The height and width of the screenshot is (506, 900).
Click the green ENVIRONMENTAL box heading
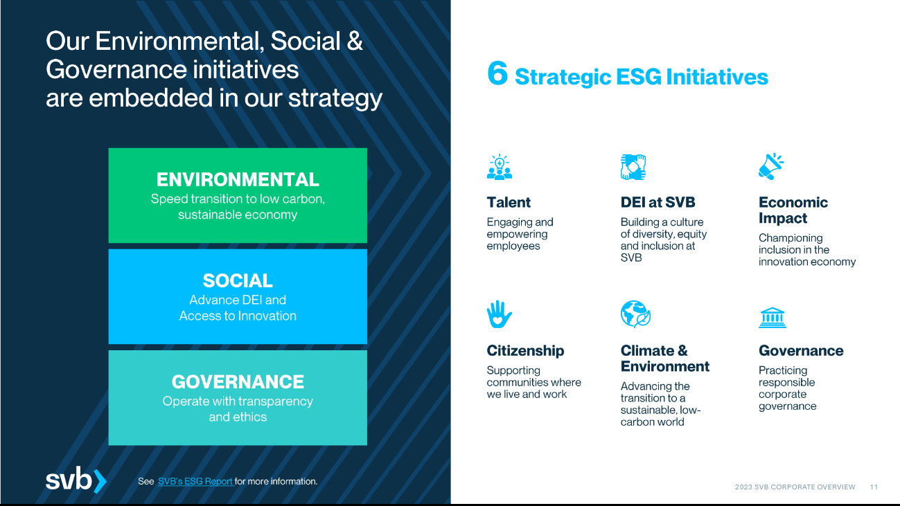pos(238,179)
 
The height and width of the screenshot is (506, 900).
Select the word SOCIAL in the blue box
pos(238,280)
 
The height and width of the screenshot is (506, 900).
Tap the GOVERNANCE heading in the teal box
pos(238,381)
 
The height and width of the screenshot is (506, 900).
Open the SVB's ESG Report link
pos(195,481)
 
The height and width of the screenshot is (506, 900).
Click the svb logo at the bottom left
pos(76,480)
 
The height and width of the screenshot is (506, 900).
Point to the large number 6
pos(497,73)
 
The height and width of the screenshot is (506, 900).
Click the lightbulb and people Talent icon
pos(500,167)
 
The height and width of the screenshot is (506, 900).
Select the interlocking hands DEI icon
pos(633,167)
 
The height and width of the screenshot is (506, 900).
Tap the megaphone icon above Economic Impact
pos(771,166)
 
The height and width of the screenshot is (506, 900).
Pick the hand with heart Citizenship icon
pos(500,314)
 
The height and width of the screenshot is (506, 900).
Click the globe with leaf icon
pos(635,314)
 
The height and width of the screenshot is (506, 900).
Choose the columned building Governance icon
pos(773,318)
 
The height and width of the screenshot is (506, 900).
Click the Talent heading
pos(509,202)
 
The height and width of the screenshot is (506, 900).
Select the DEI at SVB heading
pos(658,202)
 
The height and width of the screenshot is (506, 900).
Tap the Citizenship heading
pos(526,351)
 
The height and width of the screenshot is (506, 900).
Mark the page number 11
pos(874,487)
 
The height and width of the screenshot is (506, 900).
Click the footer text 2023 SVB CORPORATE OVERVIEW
pos(795,487)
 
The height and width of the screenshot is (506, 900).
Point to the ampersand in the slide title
pos(354,41)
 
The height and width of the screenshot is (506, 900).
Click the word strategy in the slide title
pos(335,99)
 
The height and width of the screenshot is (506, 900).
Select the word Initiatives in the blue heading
pos(717,77)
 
